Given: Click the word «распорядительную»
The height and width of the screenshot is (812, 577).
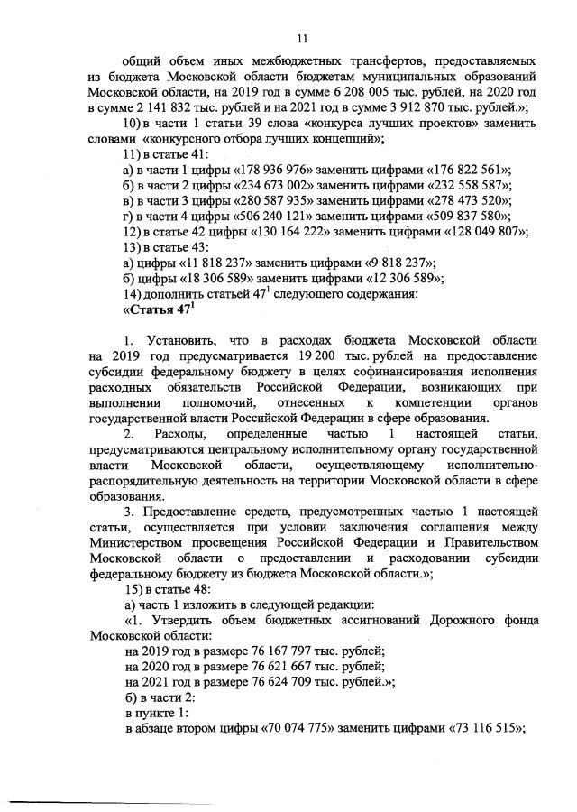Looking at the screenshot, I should (x=151, y=479).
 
